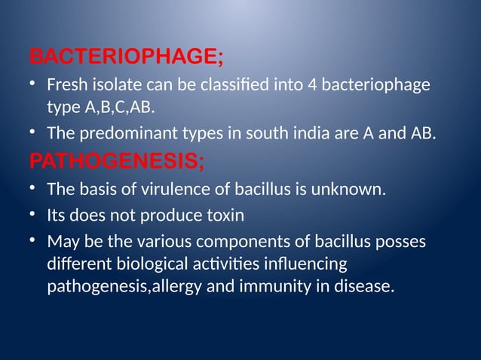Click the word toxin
point(222,216)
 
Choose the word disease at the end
point(363,287)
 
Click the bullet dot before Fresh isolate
point(33,84)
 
